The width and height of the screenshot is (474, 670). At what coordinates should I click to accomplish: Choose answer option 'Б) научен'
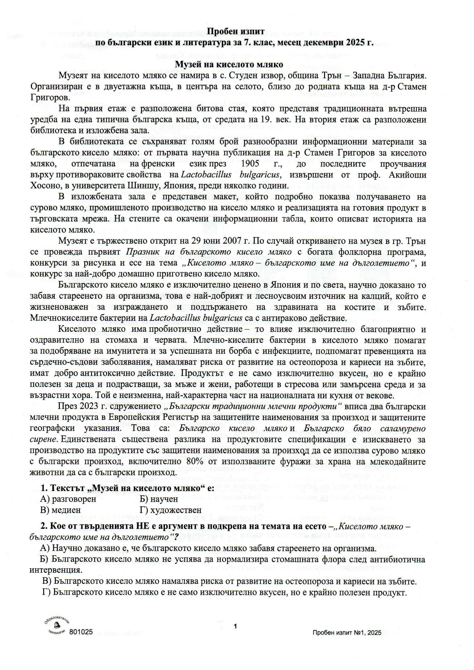pyautogui.click(x=158, y=499)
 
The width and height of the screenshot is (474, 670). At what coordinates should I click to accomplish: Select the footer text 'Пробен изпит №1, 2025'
pyautogui.click(x=347, y=633)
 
